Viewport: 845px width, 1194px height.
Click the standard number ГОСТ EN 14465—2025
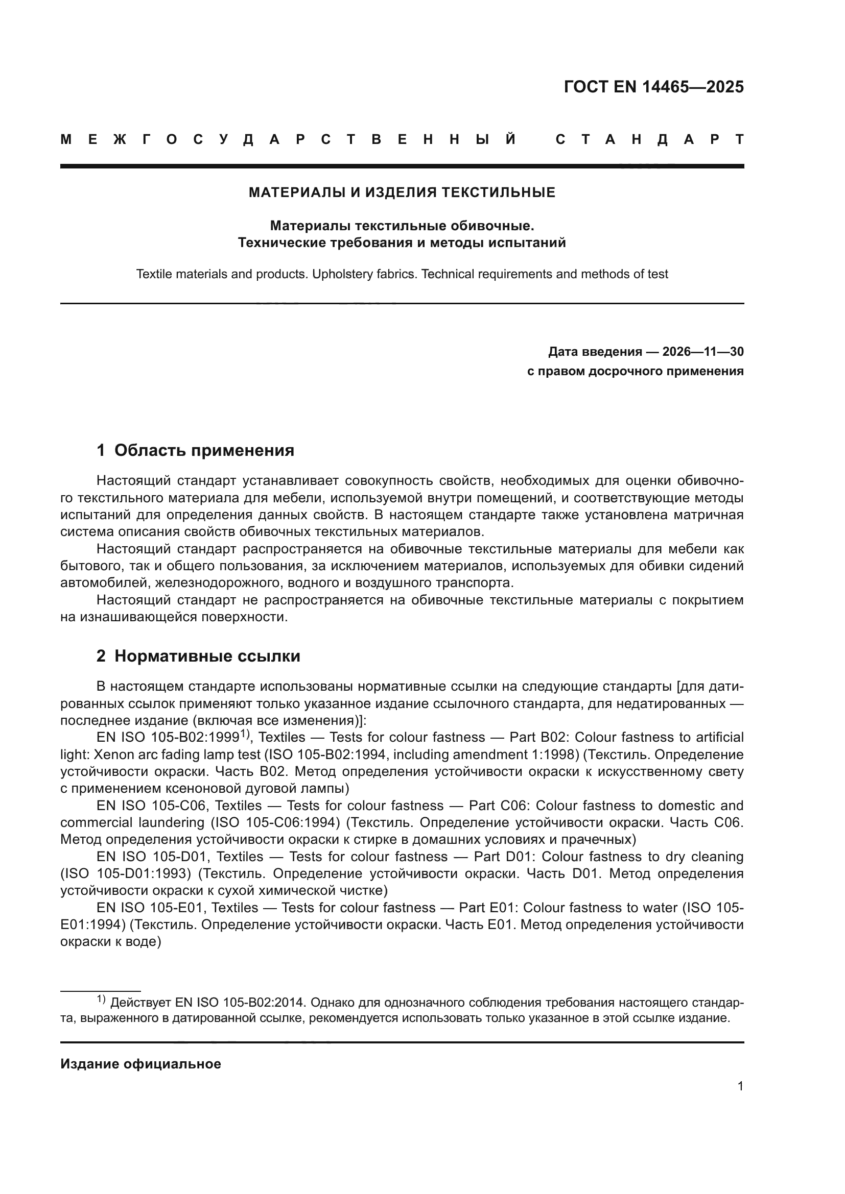[653, 87]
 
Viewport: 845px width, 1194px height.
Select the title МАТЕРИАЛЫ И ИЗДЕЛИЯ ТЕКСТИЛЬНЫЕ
[402, 192]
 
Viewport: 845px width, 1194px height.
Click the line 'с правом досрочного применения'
[635, 371]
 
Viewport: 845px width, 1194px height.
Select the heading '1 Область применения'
[195, 450]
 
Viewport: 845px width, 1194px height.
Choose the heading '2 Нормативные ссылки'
[198, 656]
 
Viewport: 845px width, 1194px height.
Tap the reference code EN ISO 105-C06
[152, 806]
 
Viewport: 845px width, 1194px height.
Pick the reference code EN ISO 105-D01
[152, 857]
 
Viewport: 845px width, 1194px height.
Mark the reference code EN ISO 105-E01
[150, 908]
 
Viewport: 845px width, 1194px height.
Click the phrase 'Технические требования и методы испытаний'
[402, 243]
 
